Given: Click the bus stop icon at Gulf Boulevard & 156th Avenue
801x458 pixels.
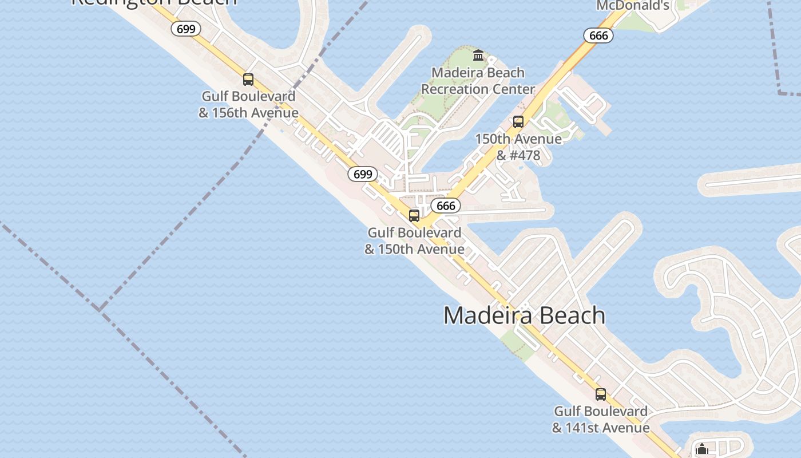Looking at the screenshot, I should coord(248,80).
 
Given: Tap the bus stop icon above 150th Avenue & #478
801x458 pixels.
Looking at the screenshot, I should coord(518,122).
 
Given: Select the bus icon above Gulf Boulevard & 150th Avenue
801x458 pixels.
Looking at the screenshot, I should coord(414,216).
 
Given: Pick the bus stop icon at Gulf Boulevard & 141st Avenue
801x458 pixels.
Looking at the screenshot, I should coord(601,394).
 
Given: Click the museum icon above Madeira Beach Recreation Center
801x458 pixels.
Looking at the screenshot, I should coord(478,56).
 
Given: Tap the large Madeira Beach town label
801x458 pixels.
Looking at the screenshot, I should coord(524,315).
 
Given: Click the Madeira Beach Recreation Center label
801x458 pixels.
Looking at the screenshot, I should coord(478,81).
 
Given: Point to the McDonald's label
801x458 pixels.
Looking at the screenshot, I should coord(633,6).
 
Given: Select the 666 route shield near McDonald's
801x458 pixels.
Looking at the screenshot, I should coord(598,35).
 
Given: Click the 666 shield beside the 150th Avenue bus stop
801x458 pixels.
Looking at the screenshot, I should coord(445,206).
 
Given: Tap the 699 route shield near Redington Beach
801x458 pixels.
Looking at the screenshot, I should coord(186,29).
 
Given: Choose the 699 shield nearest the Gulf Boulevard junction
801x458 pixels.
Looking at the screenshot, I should coord(363,174).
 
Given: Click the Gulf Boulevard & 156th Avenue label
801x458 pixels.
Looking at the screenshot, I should coord(248,104).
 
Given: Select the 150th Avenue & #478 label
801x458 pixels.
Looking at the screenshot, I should coord(518,147).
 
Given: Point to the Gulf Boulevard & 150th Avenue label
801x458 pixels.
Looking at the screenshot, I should coord(414,240).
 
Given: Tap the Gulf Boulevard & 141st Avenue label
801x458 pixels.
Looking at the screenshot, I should coord(601,419).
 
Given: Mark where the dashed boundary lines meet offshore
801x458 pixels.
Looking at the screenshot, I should coord(100,310).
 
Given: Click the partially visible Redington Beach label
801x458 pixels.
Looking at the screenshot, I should coord(154,2).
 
